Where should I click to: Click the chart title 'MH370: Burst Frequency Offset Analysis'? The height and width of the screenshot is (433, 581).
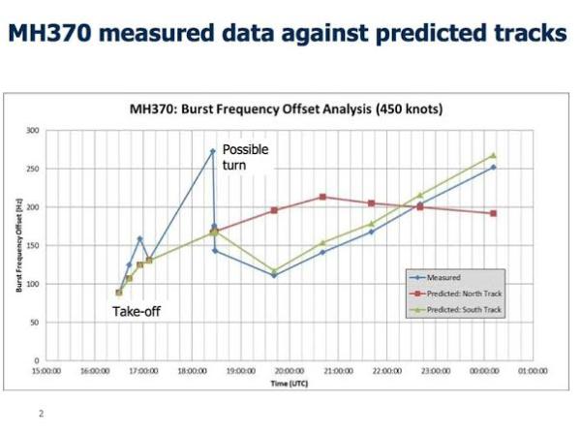pos(290,109)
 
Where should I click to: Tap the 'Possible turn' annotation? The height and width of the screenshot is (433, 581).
pos(245,157)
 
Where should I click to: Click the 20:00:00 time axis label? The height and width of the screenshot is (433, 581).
pos(290,370)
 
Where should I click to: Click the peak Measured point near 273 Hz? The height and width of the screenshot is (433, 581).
pos(213,151)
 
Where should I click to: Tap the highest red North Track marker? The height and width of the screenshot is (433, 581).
pos(322,197)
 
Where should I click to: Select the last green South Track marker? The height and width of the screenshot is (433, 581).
pos(493,155)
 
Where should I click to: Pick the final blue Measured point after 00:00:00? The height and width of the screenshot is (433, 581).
pos(493,167)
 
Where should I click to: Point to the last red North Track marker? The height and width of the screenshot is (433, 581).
pos(493,213)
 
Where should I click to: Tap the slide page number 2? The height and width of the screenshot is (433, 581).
pos(42,412)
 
